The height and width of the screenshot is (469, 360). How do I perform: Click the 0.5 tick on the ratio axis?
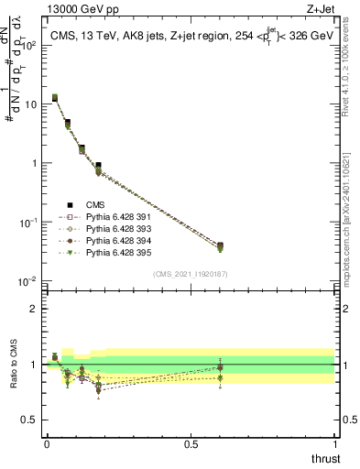tap(33, 421)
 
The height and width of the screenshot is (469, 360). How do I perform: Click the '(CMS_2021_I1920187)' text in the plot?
tap(190, 274)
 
